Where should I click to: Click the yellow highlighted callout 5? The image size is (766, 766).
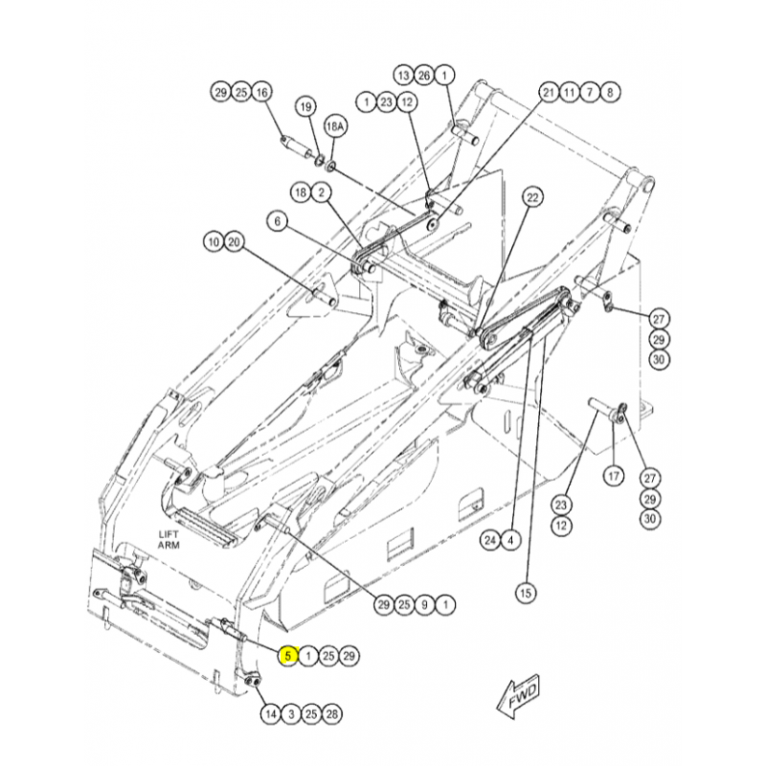click(288, 655)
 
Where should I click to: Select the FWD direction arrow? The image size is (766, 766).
click(518, 695)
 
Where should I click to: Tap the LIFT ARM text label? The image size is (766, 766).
click(169, 540)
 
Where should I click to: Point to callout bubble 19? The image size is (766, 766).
click(305, 106)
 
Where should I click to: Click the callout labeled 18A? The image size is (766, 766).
click(334, 127)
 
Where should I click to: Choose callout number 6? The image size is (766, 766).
click(278, 222)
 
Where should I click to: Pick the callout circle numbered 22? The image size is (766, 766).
click(532, 198)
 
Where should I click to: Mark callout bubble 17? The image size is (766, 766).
click(614, 475)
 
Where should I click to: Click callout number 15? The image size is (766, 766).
click(526, 593)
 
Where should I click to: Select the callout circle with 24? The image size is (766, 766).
click(490, 540)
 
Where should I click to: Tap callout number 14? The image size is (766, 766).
click(271, 714)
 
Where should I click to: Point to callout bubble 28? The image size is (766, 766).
click(331, 714)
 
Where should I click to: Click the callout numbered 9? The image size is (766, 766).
click(424, 605)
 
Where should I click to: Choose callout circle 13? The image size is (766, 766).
click(403, 76)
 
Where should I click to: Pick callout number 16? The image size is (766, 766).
click(261, 92)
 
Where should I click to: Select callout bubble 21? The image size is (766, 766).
click(549, 92)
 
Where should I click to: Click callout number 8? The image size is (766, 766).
click(610, 92)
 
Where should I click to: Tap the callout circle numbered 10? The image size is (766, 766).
click(214, 242)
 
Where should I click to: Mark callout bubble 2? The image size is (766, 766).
click(322, 192)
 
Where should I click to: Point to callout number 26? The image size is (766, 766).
click(424, 76)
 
